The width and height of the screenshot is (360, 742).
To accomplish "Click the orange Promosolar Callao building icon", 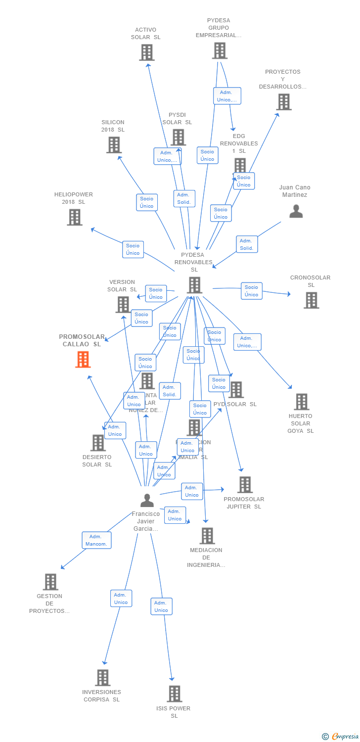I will point(83,360).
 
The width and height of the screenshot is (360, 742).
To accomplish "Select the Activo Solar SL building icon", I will point(146,52).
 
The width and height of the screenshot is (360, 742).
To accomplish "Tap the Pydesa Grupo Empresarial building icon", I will point(220,50).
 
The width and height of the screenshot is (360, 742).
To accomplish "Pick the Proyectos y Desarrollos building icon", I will point(283,102).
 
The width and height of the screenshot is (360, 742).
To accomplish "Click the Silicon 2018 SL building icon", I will point(114,145).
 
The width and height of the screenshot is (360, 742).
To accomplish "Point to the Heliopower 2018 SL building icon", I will point(74,217).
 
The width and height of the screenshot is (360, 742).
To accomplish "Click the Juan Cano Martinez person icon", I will point(296,212).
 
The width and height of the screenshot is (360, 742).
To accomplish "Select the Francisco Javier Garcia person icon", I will point(146,501).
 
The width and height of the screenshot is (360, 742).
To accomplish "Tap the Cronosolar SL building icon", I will point(311,300).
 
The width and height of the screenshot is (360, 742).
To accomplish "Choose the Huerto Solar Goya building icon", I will point(301,402).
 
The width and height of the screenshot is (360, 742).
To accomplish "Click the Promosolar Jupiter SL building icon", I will point(244,485).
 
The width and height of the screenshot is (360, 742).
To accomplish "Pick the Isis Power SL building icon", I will point(174,694).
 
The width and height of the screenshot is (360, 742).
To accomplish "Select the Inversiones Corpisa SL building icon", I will point(102,678).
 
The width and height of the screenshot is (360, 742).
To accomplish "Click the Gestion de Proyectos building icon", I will point(50,582).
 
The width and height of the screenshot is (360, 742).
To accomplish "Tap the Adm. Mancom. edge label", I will point(96,540).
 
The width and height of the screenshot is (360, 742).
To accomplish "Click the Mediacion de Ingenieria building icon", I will point(207,536).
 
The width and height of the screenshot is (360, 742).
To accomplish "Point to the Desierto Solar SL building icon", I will point(98,443).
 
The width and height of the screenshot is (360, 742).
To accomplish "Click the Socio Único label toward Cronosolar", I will point(251,291).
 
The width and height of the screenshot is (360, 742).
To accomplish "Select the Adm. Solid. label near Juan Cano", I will point(246,244).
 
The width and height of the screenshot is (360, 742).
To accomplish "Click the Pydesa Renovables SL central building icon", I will point(195,285).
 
